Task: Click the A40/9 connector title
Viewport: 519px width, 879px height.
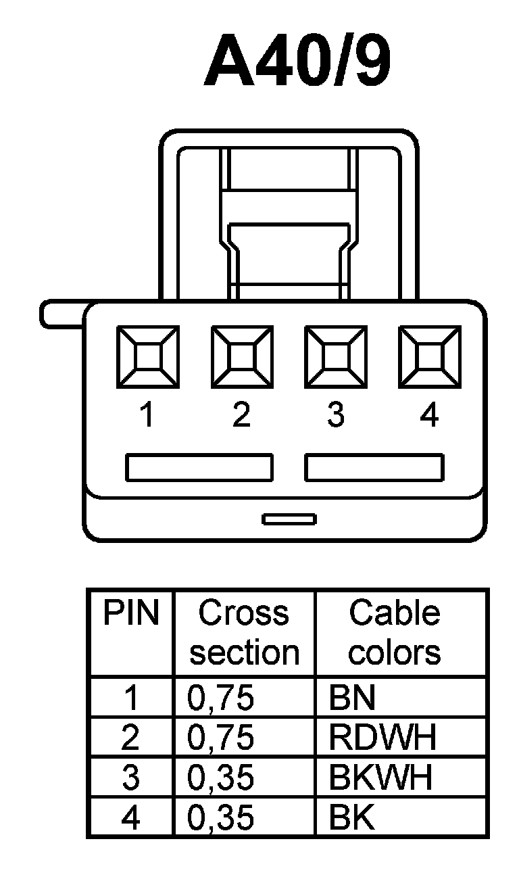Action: pyautogui.click(x=297, y=64)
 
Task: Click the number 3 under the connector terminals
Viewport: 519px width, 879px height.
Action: pyautogui.click(x=335, y=414)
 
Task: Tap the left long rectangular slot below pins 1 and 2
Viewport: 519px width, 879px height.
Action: pyautogui.click(x=199, y=468)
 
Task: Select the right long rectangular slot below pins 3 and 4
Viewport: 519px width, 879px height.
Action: pyautogui.click(x=374, y=468)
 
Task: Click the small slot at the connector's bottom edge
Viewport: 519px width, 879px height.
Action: pyautogui.click(x=289, y=519)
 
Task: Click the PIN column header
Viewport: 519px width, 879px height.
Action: pyautogui.click(x=131, y=614)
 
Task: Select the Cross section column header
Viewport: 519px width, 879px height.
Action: pyautogui.click(x=244, y=633)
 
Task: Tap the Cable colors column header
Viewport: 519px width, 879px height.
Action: pyautogui.click(x=395, y=633)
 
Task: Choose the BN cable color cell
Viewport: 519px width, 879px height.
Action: pyautogui.click(x=351, y=698)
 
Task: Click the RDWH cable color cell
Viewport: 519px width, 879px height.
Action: pyautogui.click(x=382, y=738)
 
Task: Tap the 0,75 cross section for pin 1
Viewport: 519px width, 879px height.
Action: pyautogui.click(x=220, y=698)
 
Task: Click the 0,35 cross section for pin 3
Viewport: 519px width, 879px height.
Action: pyautogui.click(x=220, y=778)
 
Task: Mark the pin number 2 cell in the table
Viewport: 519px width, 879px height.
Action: pyautogui.click(x=130, y=738)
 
